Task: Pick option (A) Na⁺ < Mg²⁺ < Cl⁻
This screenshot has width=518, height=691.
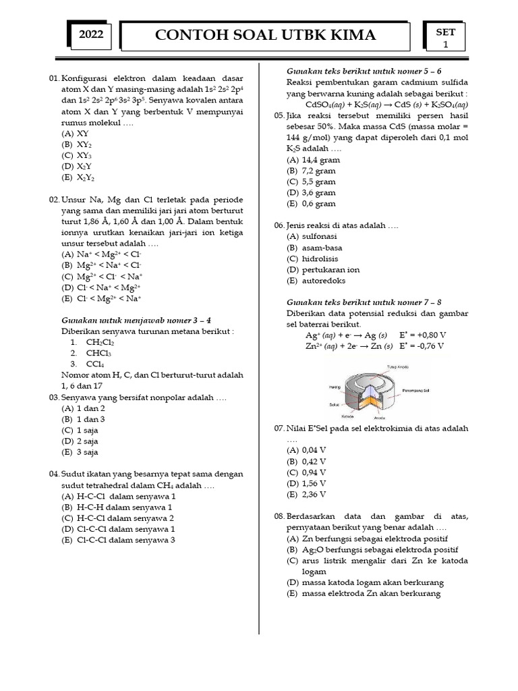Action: click(x=102, y=254)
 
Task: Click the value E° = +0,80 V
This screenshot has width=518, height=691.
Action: click(x=422, y=335)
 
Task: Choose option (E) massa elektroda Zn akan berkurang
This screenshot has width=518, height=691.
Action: click(x=363, y=593)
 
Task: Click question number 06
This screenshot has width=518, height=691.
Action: click(x=279, y=225)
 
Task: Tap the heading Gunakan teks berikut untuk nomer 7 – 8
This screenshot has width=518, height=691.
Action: click(x=364, y=302)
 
